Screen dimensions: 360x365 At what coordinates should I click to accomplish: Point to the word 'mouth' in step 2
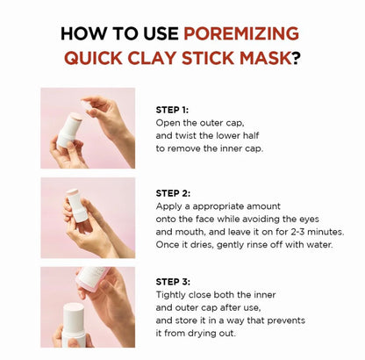pos(193,231)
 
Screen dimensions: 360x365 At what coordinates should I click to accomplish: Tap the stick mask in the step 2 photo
pos(77,205)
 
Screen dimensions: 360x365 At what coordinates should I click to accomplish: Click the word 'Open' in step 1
pos(170,123)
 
